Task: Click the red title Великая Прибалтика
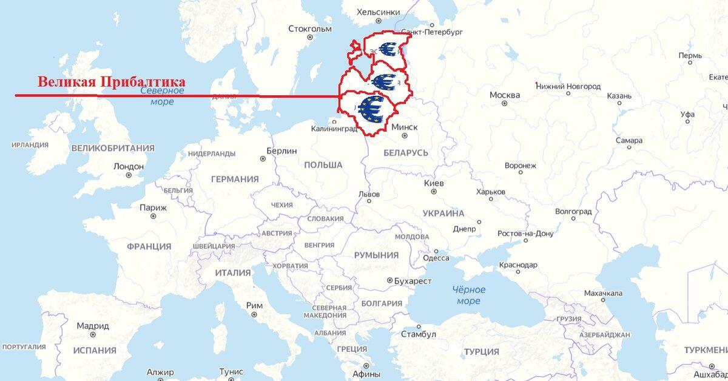pos(111,82)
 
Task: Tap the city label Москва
pos(504,95)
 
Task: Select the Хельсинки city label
pos(379,12)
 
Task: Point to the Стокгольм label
pos(310,29)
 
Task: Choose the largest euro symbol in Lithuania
pos(370,109)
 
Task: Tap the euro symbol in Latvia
pos(385,80)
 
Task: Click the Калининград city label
pos(334,129)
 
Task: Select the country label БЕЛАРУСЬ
pos(406,153)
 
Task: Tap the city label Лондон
pos(129,166)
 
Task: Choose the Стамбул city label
pos(419,334)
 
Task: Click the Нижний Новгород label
pos(568,86)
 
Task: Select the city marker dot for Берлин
pos(263,159)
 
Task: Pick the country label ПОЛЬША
pos(323,165)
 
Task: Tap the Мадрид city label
pos(93,326)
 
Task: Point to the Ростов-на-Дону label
pos(525,233)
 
